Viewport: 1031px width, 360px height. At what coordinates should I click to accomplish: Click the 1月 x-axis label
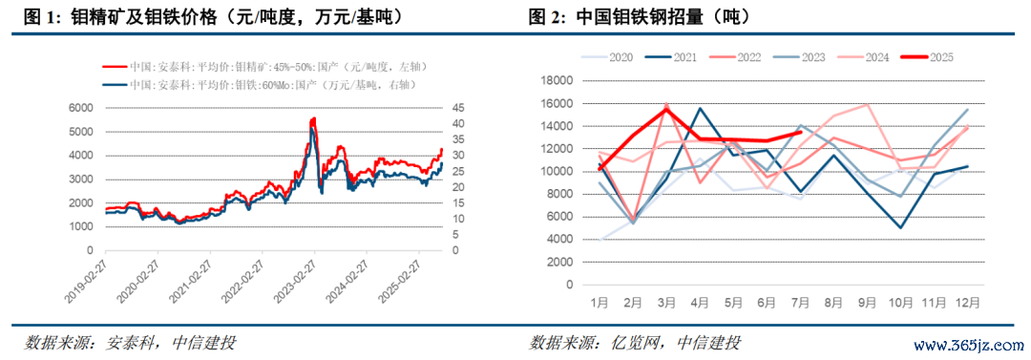[x=600, y=303]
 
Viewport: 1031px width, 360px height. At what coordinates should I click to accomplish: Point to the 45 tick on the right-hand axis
[x=458, y=108]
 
